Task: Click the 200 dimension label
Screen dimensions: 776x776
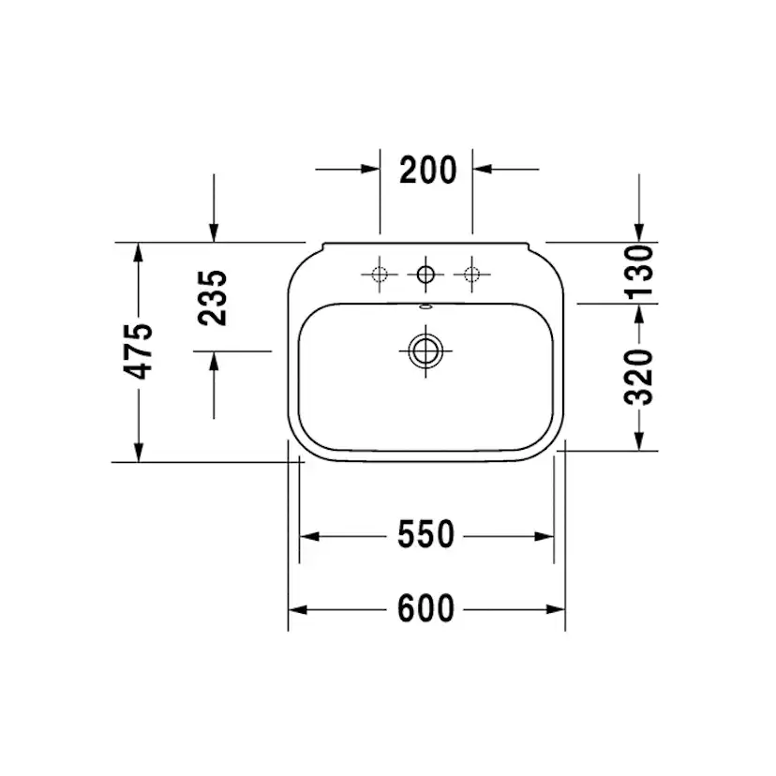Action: point(427,170)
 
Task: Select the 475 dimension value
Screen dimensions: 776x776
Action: point(139,351)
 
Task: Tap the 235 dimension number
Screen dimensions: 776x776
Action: point(213,298)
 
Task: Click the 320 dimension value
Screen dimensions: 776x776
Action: point(639,377)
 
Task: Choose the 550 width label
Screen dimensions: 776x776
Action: point(425,534)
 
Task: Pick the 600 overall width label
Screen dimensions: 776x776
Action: point(425,608)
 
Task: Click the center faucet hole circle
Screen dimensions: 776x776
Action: point(425,275)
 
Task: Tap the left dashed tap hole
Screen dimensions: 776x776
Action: point(380,275)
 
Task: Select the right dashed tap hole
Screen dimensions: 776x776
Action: point(471,275)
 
